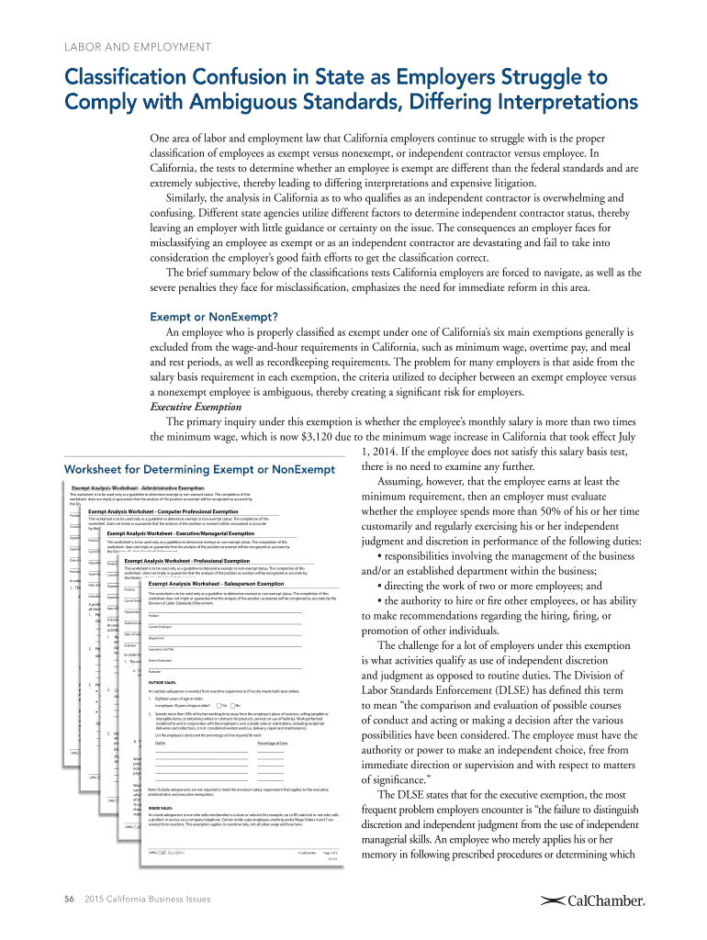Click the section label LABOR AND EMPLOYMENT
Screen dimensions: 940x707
pos(137,47)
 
